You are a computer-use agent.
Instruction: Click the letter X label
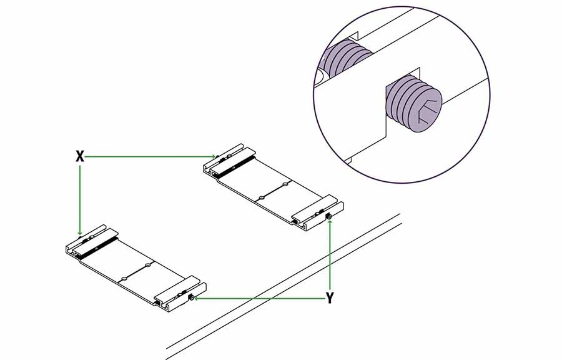tap(80, 156)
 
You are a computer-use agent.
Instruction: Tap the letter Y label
tap(330, 298)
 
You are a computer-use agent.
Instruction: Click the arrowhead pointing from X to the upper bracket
tap(214, 156)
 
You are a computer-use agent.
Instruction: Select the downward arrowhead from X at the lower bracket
tap(80, 232)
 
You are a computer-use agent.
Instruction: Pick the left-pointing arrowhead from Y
tap(195, 298)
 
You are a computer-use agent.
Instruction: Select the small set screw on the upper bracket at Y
tap(328, 216)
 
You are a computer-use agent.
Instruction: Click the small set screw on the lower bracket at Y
tap(192, 297)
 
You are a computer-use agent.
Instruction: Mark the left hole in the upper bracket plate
tap(261, 197)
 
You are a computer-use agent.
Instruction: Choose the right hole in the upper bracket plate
tap(285, 184)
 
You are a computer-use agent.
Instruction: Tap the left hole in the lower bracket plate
tap(124, 279)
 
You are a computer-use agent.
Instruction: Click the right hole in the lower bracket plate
tap(147, 266)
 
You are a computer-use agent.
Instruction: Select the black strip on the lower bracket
tap(97, 248)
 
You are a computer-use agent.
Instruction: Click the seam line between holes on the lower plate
tap(136, 272)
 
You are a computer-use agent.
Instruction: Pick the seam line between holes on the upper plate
tap(273, 191)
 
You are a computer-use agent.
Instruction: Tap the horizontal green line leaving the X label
tap(148, 156)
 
